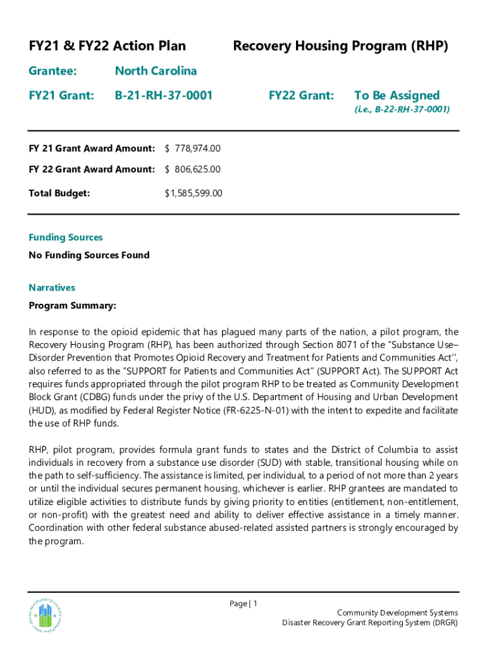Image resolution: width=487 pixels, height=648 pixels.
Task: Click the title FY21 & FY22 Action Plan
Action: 108,46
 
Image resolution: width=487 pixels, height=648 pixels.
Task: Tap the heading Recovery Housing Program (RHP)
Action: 340,46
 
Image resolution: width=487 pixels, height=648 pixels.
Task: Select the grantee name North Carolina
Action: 156,71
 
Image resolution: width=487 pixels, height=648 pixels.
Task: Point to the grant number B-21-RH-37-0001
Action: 163,96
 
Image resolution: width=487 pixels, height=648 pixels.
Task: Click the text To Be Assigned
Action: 397,96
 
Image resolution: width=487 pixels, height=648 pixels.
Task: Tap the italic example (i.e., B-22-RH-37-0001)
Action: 402,109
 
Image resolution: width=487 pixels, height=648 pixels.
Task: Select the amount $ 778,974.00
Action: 192,149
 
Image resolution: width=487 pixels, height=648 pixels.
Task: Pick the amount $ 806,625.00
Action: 192,170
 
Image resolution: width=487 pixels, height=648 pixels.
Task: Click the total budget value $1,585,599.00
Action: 193,193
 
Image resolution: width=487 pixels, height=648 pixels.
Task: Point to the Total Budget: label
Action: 59,193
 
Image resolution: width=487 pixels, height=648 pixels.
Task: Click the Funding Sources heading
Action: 66,237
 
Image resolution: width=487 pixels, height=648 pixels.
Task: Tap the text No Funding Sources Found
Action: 89,256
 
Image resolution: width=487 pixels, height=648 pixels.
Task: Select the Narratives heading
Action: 52,288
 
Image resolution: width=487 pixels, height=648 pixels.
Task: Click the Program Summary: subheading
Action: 73,306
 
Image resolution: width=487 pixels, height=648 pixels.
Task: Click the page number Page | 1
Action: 244,604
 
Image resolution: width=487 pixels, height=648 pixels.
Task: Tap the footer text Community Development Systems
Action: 397,613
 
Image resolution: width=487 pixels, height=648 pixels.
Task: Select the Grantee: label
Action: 52,71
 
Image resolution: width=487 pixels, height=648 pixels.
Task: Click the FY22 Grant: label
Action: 301,96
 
